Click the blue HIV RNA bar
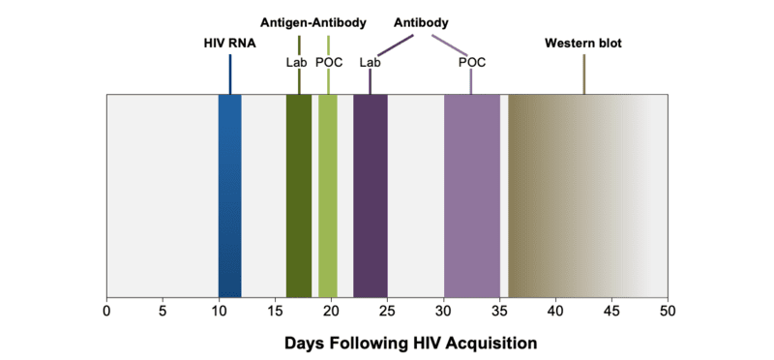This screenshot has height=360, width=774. click(x=229, y=194)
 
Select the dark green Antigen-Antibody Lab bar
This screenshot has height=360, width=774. click(x=298, y=194)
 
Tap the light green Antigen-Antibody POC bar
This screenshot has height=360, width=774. click(x=328, y=194)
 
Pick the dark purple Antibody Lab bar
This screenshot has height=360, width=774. click(x=370, y=194)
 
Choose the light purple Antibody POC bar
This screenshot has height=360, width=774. click(x=471, y=194)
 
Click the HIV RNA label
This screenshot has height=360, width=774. click(x=229, y=44)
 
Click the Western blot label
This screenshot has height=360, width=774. click(x=583, y=44)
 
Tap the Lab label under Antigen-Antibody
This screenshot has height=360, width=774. click(x=296, y=63)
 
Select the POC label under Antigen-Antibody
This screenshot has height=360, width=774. click(x=329, y=63)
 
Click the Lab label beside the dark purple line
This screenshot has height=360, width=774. click(x=369, y=63)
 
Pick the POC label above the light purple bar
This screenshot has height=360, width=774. click(x=471, y=63)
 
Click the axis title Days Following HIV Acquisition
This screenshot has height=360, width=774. click(x=410, y=343)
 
